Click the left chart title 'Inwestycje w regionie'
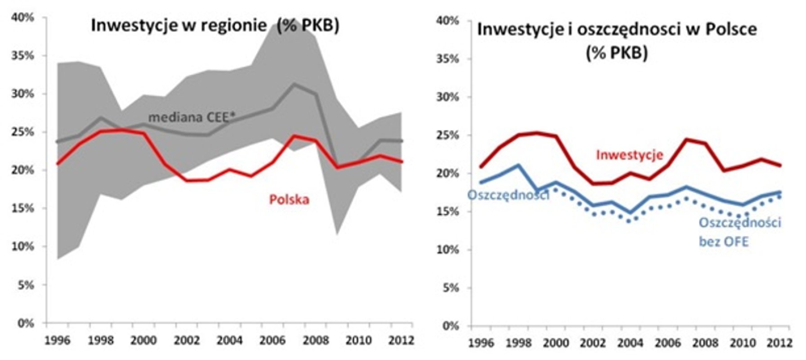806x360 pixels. pos(179,25)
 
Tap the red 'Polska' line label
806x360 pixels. pos(289,199)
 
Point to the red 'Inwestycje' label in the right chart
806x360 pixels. pos(629,155)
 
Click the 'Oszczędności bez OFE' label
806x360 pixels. pos(739,232)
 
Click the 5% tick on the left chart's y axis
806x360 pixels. pos(25,285)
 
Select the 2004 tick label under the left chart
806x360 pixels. pos(229,340)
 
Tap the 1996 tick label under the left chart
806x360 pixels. pos(57,340)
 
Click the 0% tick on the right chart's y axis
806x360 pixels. pos(450,326)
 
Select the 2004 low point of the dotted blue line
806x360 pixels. pos(629,221)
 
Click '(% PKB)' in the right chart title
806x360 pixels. pos(617,53)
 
